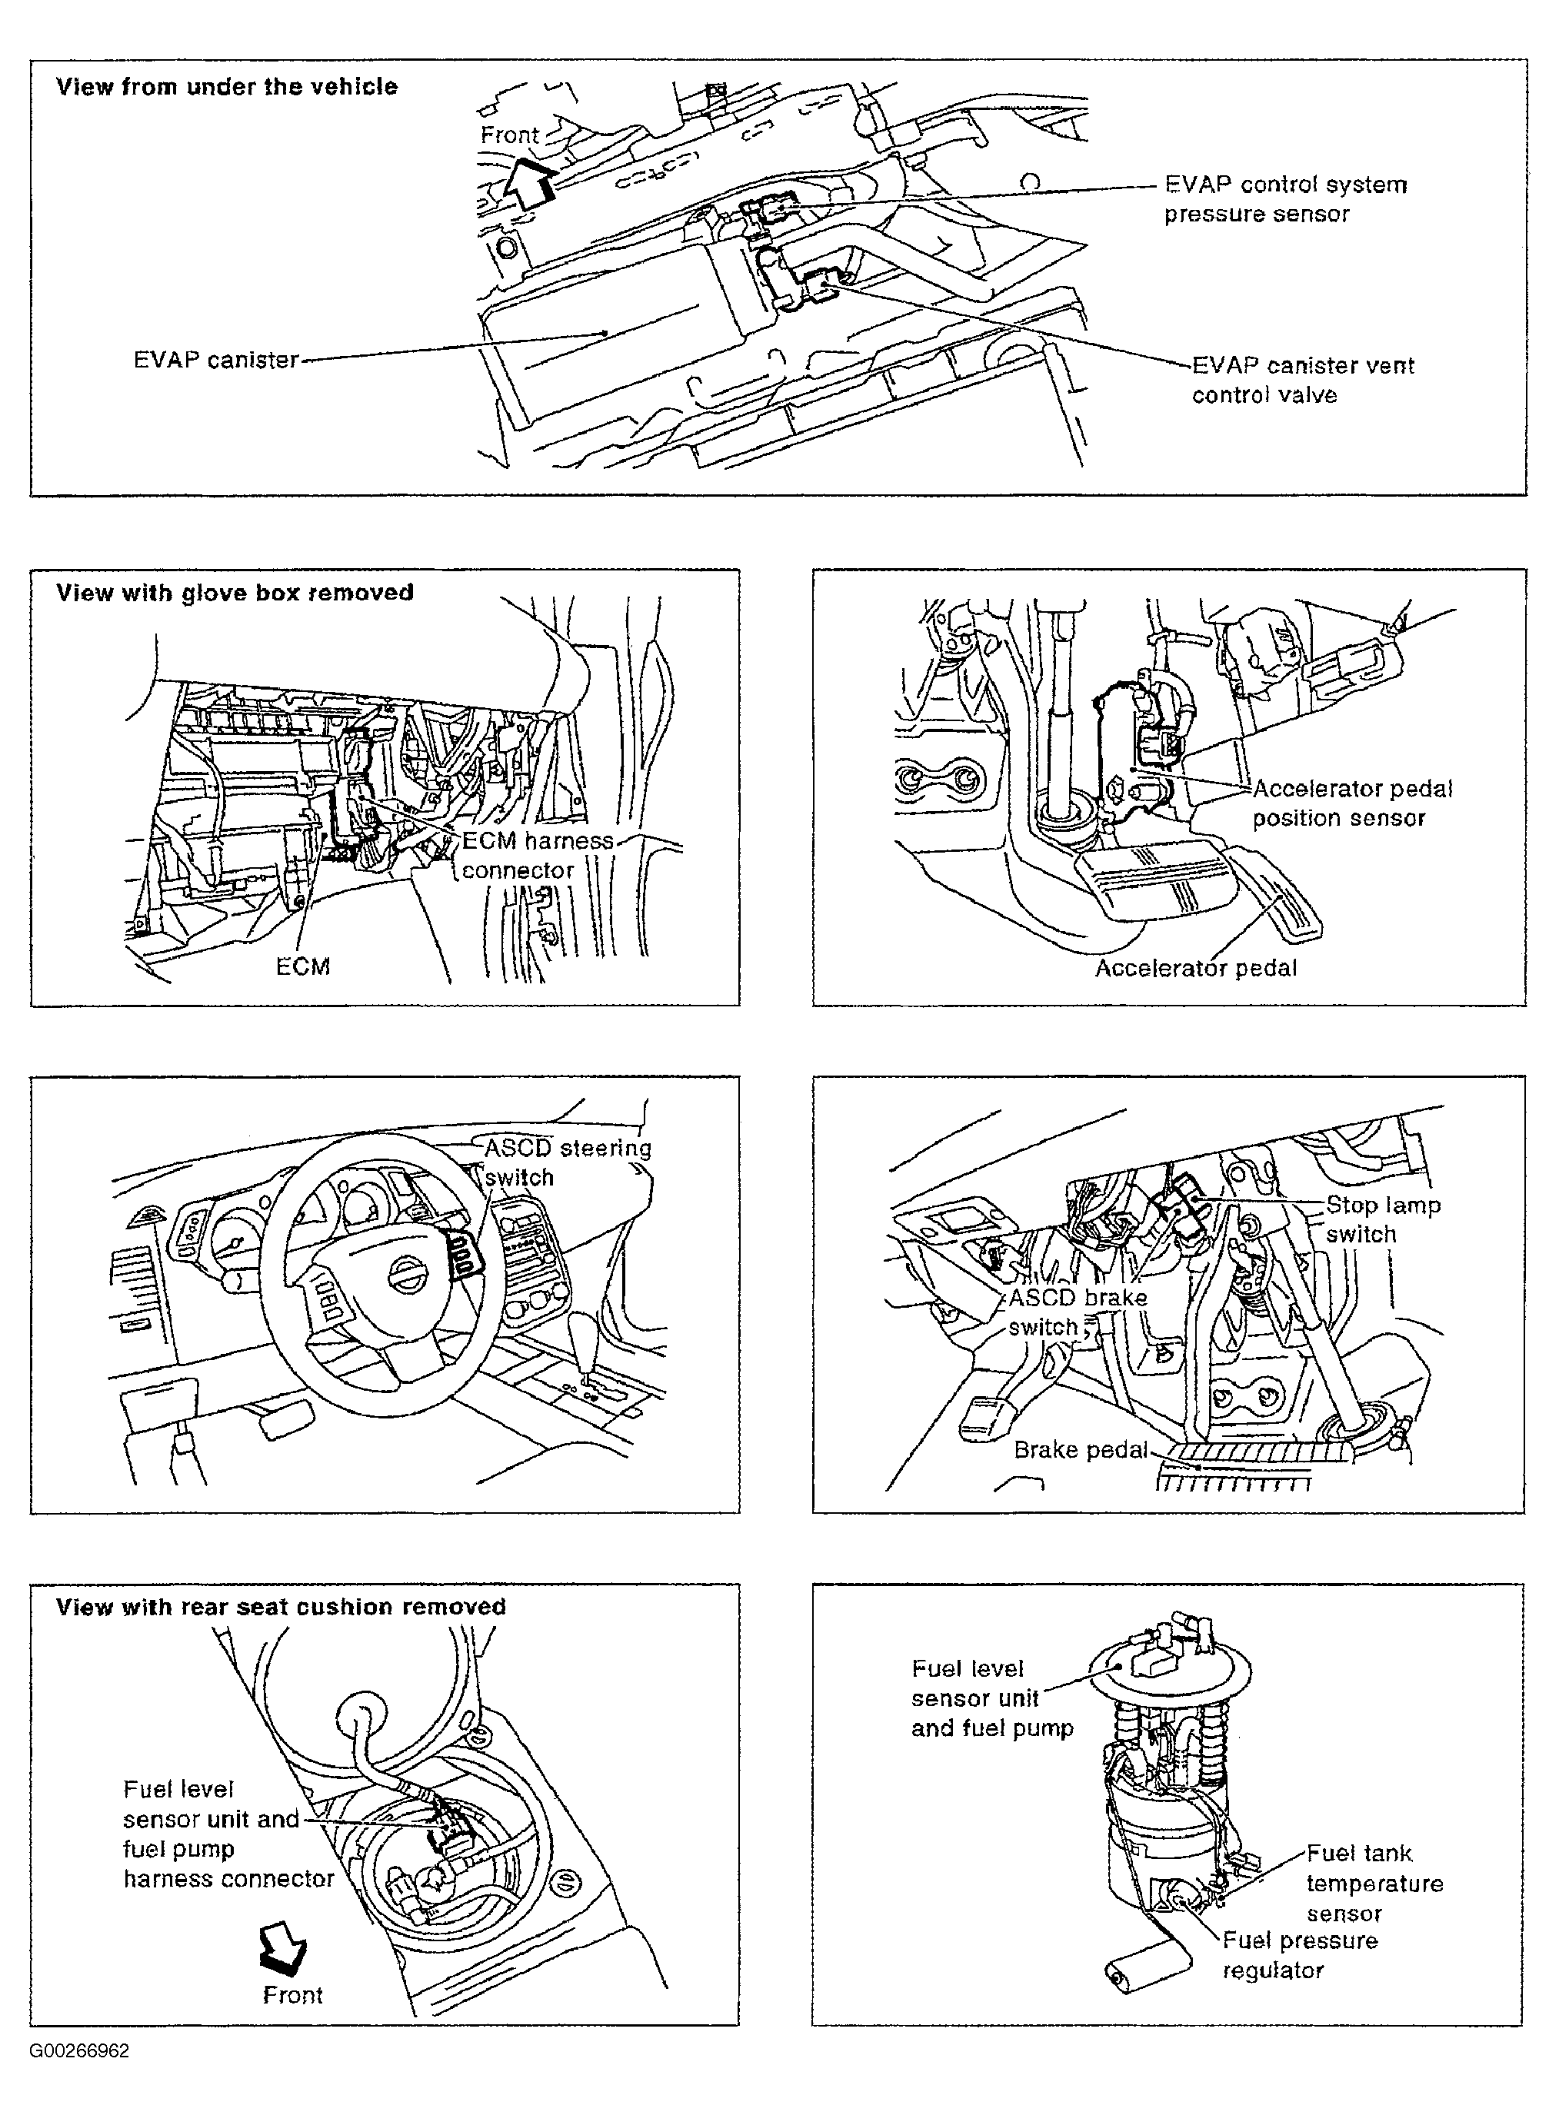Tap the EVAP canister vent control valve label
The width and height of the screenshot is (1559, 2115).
(1302, 379)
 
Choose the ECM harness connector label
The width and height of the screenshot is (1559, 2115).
(536, 855)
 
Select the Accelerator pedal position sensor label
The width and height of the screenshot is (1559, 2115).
(1351, 803)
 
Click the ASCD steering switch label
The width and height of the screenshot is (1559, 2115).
(567, 1162)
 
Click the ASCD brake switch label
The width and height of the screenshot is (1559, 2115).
(1077, 1312)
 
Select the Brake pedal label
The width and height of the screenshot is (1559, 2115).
(1081, 1449)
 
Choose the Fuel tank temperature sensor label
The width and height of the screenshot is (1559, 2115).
(1374, 1883)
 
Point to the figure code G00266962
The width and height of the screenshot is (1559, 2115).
(79, 2050)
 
